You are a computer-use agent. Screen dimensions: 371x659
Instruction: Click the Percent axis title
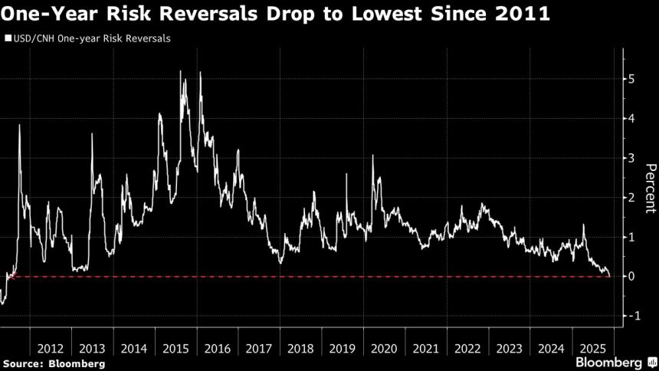click(649, 189)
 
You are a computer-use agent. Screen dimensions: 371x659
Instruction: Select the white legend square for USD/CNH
click(8, 38)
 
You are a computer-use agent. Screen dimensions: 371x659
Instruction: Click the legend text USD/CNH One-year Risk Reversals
click(91, 38)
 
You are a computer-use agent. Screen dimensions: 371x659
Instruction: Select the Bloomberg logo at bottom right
click(610, 361)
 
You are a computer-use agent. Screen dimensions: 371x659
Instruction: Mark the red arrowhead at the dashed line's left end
click(9, 276)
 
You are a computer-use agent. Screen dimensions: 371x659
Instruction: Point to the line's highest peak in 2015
click(181, 71)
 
